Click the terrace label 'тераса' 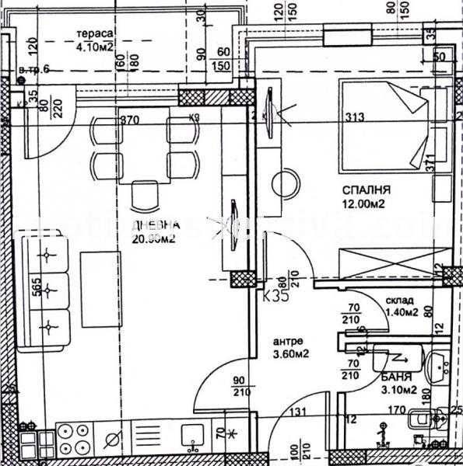(x=96, y=33)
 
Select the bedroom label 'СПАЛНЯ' (x=365, y=190)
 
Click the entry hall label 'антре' (x=287, y=339)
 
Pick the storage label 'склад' (x=399, y=301)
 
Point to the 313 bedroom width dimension (x=354, y=118)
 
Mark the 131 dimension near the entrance (x=297, y=413)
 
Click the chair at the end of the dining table (x=142, y=193)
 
